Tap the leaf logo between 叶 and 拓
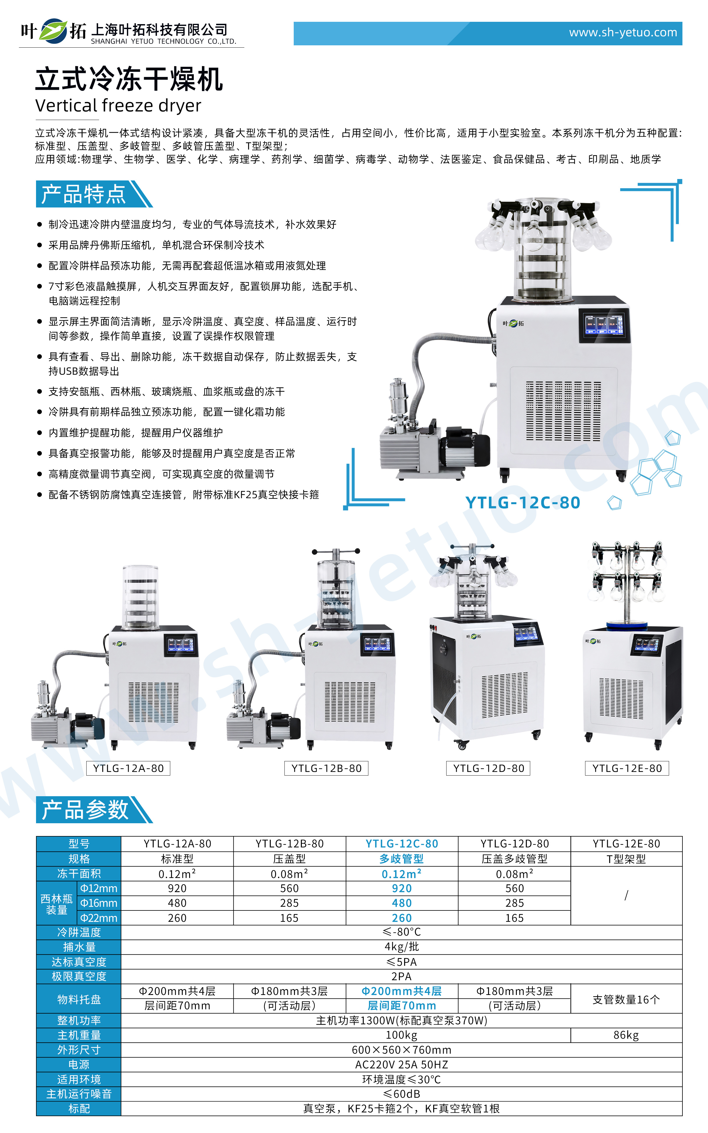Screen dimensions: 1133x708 (x=53, y=31)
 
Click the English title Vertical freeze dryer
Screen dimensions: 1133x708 (x=118, y=105)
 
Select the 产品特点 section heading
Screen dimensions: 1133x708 (x=84, y=194)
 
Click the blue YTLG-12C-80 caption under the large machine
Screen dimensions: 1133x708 (x=523, y=502)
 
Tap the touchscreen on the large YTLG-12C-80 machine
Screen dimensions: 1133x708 (x=604, y=325)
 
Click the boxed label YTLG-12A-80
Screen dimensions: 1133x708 (x=128, y=768)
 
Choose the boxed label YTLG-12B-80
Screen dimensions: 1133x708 (x=326, y=768)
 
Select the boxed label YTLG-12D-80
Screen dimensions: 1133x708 (x=488, y=768)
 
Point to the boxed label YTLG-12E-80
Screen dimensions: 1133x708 (x=627, y=768)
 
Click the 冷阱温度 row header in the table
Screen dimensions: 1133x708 (x=79, y=932)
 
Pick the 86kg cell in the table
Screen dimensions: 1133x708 (x=626, y=1035)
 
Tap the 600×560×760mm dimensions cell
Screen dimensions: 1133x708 (x=401, y=1050)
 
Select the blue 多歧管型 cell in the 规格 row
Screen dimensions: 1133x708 (x=401, y=858)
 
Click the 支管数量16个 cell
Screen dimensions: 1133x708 (x=626, y=999)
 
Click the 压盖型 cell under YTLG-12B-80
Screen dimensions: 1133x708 (x=289, y=858)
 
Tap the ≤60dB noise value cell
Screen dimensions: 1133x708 (x=401, y=1094)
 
